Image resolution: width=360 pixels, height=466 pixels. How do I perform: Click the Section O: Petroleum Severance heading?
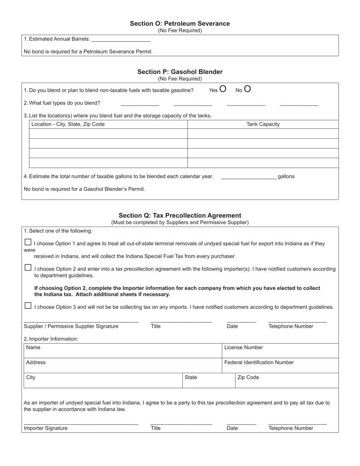(x=180, y=23)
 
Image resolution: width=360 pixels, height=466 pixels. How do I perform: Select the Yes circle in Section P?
(x=223, y=89)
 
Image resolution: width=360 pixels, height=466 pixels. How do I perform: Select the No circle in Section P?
(x=247, y=89)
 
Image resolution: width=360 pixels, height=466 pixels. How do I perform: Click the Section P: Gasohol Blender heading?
(x=180, y=72)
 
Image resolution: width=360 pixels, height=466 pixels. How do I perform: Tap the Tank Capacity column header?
(x=263, y=124)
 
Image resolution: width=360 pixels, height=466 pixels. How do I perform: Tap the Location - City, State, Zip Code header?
(x=68, y=124)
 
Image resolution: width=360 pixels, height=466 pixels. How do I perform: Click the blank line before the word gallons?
(x=249, y=177)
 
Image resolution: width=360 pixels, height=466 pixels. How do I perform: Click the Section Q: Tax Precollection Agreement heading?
(x=180, y=215)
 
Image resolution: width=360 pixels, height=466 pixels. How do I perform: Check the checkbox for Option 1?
(x=28, y=242)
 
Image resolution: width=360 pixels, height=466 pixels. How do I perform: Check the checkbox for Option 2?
(x=28, y=267)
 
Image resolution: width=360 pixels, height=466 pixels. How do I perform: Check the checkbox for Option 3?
(x=28, y=306)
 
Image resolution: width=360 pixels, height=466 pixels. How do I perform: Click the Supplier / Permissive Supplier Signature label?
(x=71, y=326)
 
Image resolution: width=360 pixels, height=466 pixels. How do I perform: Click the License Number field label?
(x=244, y=347)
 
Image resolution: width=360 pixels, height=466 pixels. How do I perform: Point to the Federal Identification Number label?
(x=259, y=363)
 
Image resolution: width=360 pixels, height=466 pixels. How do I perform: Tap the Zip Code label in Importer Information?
(x=248, y=378)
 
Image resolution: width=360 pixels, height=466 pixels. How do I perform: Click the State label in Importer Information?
(x=191, y=378)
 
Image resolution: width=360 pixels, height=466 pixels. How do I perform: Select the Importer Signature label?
(x=46, y=428)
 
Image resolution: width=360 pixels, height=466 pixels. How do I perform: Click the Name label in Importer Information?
(x=33, y=347)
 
